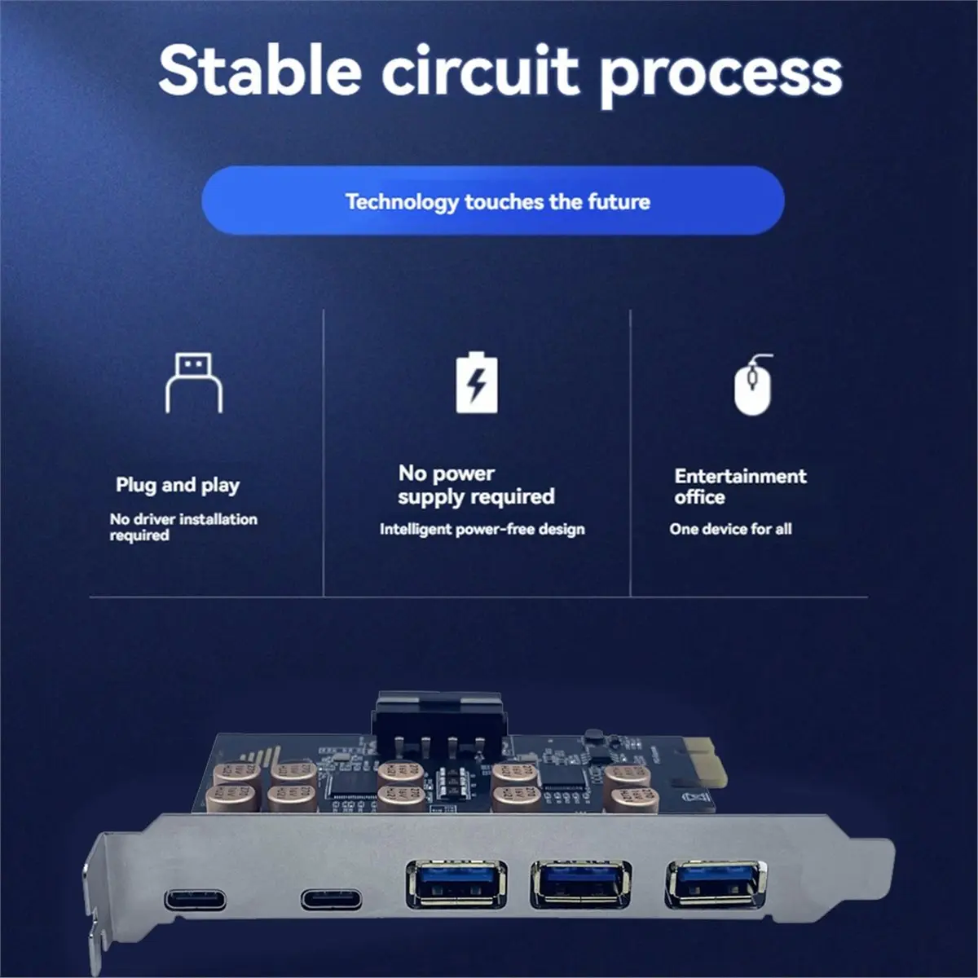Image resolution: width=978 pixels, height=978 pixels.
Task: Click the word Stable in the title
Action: tap(259, 70)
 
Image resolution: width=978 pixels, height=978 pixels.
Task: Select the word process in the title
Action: tap(721, 75)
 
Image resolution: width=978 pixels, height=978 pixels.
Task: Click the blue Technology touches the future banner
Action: tap(493, 201)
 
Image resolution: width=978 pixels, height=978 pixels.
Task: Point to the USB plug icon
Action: tap(194, 382)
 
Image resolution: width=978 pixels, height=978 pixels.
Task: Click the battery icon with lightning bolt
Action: tap(477, 382)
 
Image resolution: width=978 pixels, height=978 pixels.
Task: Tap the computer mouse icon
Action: tap(752, 385)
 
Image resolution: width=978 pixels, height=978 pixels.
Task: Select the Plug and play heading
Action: tap(178, 485)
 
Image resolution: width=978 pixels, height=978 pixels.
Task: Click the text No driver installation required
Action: tap(183, 526)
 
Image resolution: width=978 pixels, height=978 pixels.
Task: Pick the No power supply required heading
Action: tap(476, 485)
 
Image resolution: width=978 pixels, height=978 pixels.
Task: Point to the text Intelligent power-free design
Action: tap(482, 529)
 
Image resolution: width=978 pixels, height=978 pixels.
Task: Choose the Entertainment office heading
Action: tap(740, 486)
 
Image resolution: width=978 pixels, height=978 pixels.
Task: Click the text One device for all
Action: tap(730, 529)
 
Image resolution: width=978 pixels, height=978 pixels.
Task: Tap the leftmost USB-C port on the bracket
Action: tap(196, 901)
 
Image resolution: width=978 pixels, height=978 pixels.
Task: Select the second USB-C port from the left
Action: tap(331, 900)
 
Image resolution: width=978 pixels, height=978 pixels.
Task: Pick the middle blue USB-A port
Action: tap(579, 883)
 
